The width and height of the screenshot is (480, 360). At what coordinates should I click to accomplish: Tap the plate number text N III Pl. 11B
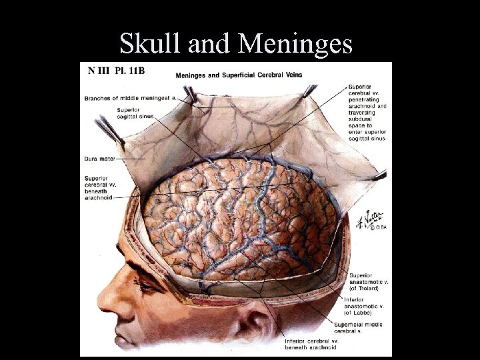click(x=113, y=69)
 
